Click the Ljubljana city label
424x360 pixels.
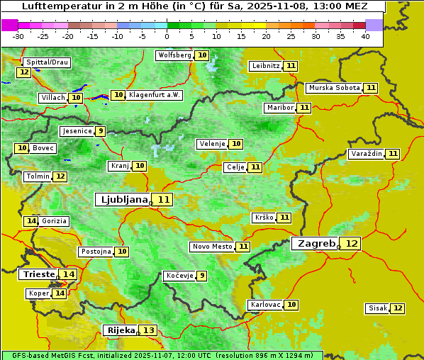pyautogui.click(x=122, y=200)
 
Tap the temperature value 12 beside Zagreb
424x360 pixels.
pyautogui.click(x=352, y=244)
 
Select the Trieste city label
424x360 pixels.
pyautogui.click(x=39, y=274)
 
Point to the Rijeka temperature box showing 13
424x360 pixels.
pyautogui.click(x=148, y=330)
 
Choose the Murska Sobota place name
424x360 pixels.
pyautogui.click(x=334, y=88)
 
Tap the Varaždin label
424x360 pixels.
pyautogui.click(x=367, y=154)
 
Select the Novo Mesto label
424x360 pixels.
pyautogui.click(x=212, y=247)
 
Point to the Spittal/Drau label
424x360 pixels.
pyautogui.click(x=46, y=62)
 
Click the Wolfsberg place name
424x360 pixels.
pyautogui.click(x=174, y=55)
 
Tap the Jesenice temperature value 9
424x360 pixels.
pyautogui.click(x=101, y=131)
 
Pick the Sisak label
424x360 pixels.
pyautogui.click(x=376, y=308)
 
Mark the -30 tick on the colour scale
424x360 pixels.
pyautogui.click(x=18, y=36)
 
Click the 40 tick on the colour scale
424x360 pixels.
pyautogui.click(x=365, y=36)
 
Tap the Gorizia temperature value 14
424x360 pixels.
pyautogui.click(x=30, y=221)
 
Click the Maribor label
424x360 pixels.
pyautogui.click(x=279, y=108)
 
